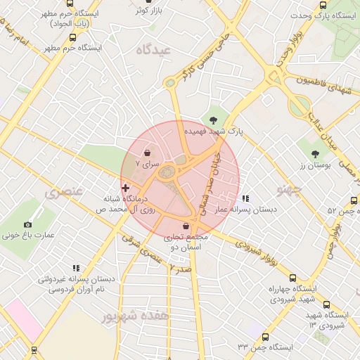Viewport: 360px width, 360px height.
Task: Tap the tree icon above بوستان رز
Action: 315,153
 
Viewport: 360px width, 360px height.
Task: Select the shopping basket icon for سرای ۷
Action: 147,153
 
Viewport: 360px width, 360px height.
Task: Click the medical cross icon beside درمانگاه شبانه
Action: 126,188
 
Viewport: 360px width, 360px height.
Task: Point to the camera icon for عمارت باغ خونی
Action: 28,224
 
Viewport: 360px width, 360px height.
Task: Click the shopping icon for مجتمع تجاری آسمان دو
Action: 186,226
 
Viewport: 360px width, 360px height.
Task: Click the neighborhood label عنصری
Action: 64,191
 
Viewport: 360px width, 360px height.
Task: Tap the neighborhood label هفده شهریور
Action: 135,316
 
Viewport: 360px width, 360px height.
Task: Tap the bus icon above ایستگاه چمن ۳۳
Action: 265,337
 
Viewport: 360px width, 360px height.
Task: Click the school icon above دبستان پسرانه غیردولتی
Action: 76,268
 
